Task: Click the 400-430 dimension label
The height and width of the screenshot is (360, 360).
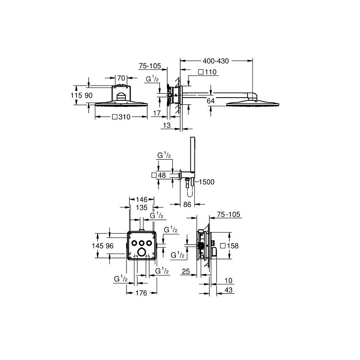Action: [216, 61]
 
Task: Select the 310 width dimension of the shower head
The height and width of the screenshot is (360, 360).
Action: [121, 117]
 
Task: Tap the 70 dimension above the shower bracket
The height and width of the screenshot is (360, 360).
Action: [121, 78]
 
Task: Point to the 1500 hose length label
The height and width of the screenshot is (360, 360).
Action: [207, 182]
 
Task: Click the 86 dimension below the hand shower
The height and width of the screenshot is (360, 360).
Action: [187, 204]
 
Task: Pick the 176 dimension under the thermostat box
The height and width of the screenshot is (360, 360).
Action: [141, 293]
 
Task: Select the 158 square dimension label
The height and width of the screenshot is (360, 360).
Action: [229, 246]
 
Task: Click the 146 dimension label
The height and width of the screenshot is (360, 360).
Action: [142, 199]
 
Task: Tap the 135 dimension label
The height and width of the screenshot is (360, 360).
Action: [142, 207]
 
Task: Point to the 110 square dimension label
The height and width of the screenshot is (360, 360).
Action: [207, 72]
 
